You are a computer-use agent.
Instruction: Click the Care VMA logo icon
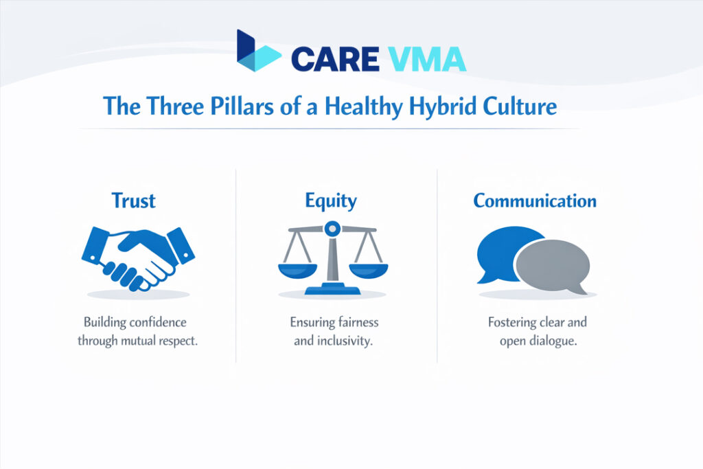click(257, 51)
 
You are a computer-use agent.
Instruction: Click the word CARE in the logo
click(334, 59)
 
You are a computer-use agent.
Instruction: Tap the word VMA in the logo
click(426, 59)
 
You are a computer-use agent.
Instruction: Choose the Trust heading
click(133, 201)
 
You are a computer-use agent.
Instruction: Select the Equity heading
click(331, 201)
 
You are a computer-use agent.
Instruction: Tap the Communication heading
click(535, 201)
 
